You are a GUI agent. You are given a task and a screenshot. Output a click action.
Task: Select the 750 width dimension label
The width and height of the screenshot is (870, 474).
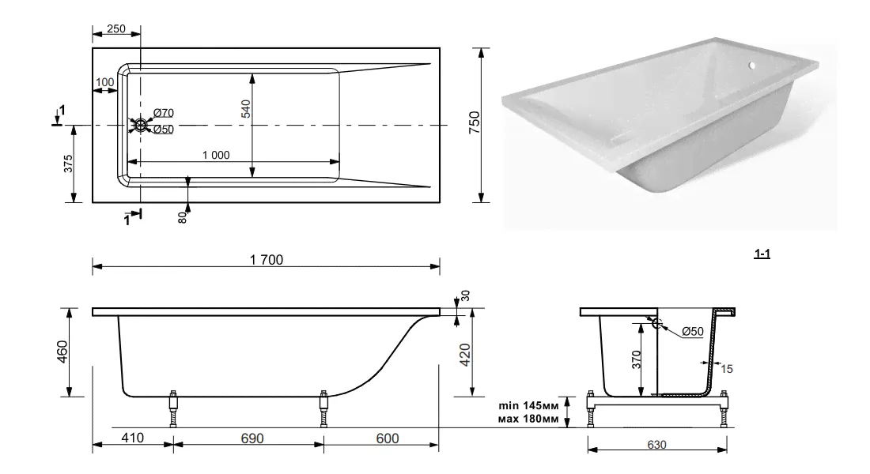pos(475,125)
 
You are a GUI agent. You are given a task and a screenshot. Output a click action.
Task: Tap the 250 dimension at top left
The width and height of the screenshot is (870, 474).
pos(115,29)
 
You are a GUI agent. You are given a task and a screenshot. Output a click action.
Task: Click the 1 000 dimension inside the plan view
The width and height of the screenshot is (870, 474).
pos(215,156)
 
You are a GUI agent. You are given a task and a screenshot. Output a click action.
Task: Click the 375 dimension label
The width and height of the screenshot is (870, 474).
pos(69,164)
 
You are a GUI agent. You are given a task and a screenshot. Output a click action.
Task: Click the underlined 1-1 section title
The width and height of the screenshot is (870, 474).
pos(762,254)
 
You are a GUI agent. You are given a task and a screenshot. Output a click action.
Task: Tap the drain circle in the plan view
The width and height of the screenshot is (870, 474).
pos(141,125)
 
